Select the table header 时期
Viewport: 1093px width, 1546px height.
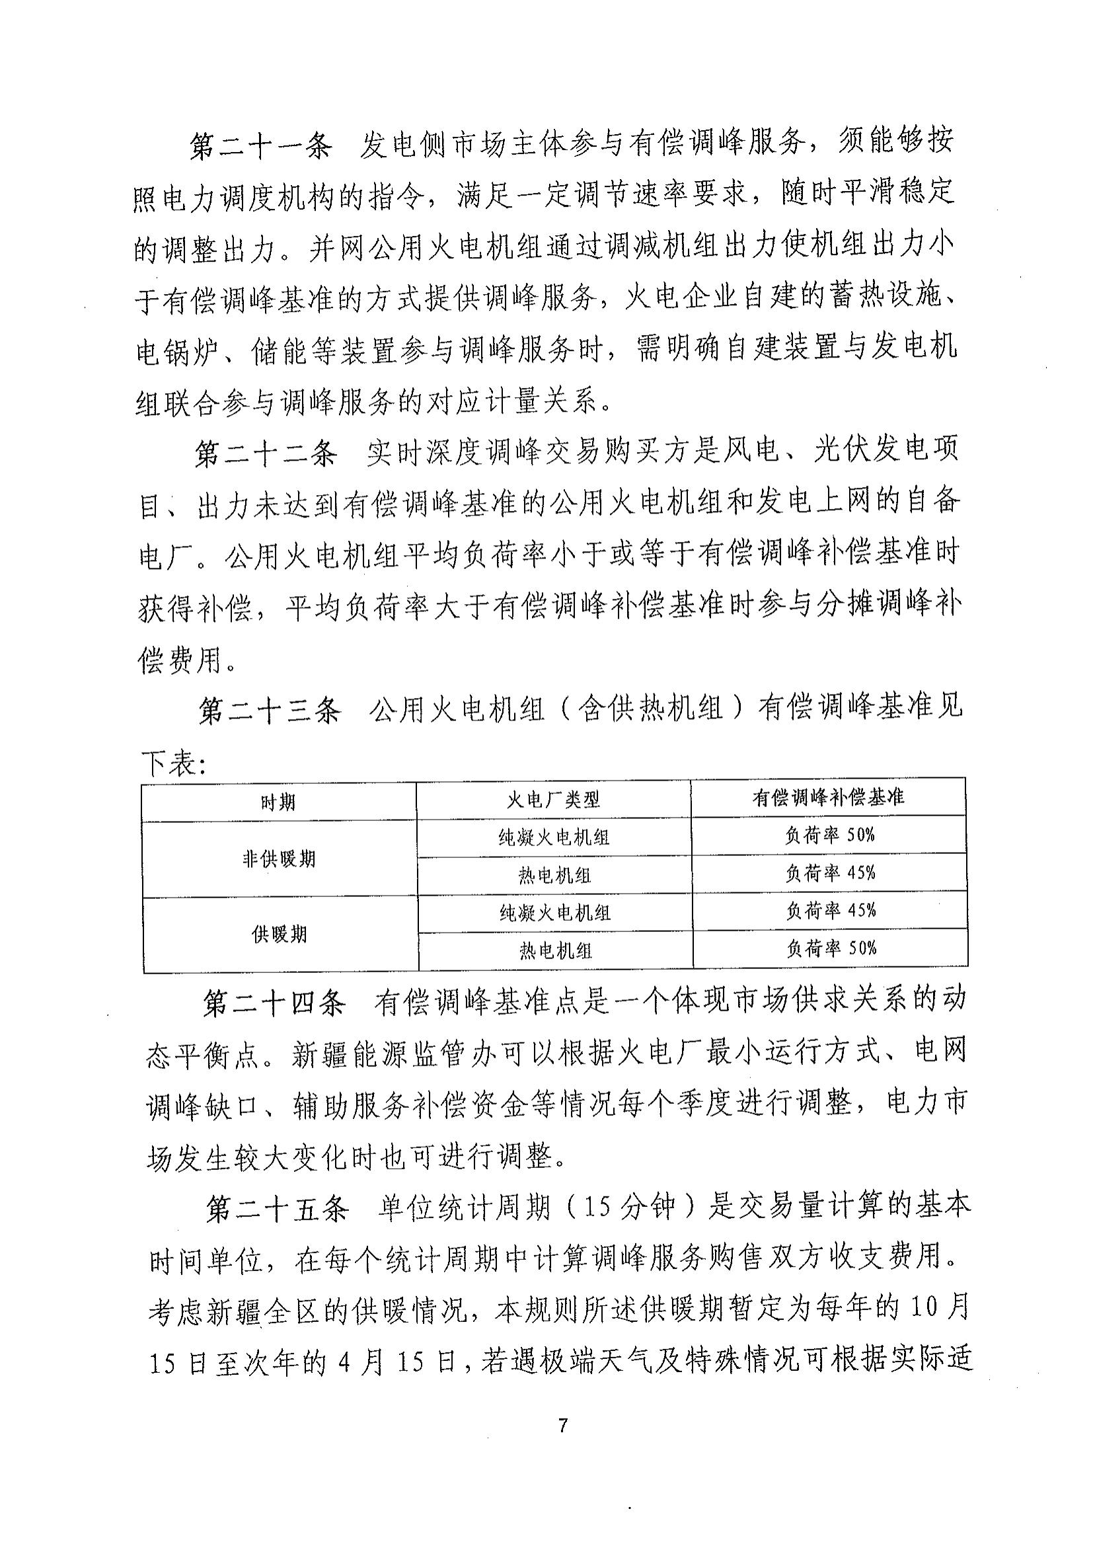point(279,802)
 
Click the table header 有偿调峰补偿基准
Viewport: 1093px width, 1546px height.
point(829,798)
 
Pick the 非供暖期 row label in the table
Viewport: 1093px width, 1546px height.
point(279,859)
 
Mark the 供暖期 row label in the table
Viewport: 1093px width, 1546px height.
point(280,935)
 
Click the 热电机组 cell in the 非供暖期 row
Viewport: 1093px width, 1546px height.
point(554,875)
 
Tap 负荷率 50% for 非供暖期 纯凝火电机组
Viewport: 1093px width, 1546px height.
point(830,835)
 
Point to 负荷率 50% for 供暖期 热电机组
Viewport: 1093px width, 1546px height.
point(832,948)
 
